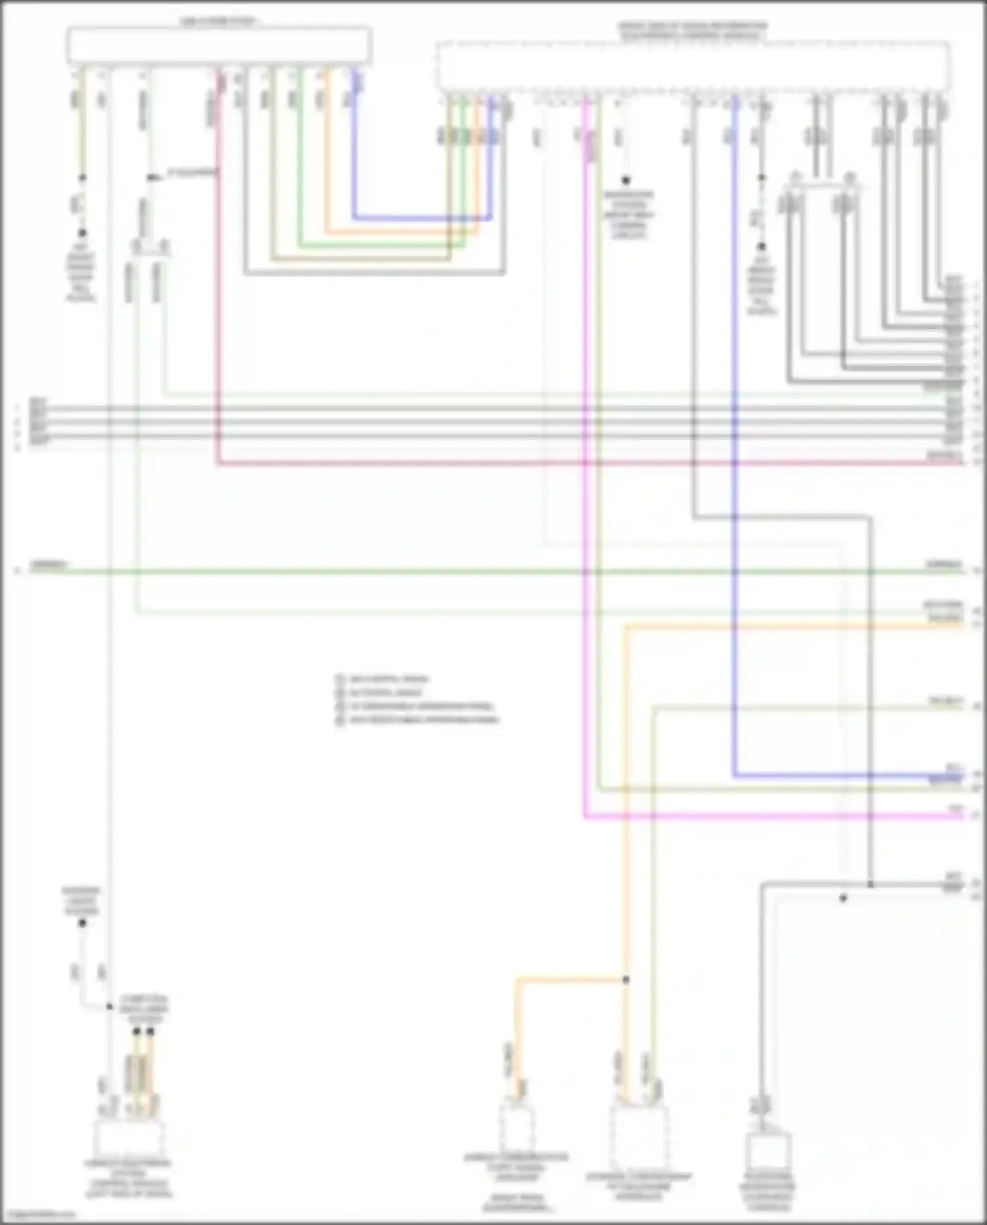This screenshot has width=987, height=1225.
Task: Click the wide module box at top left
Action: point(218,46)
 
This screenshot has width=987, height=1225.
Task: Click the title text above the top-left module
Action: point(218,22)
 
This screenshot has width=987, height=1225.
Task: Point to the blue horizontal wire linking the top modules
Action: point(421,218)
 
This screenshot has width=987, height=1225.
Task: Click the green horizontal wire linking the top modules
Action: point(382,246)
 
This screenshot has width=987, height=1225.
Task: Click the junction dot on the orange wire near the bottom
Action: point(626,979)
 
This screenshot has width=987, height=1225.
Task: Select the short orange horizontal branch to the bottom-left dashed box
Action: point(569,979)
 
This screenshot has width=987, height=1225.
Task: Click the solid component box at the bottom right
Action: point(769,1153)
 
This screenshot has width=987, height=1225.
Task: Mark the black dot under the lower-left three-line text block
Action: point(82,924)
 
